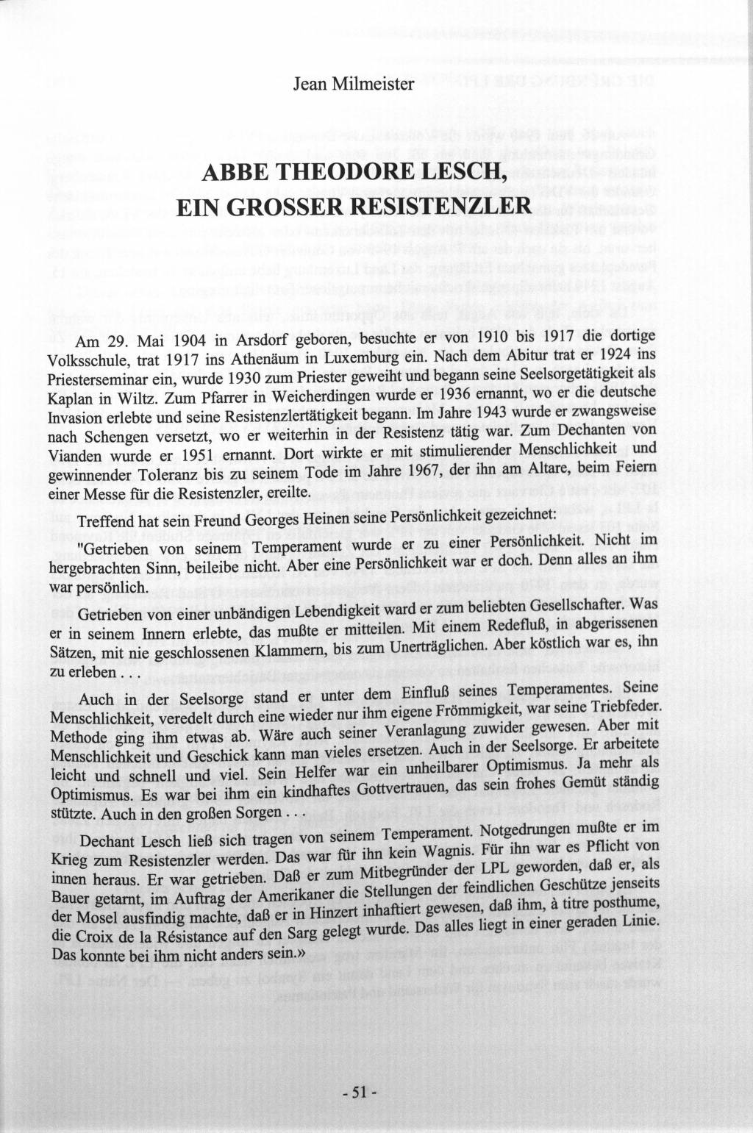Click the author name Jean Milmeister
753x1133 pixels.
[x=354, y=84]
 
